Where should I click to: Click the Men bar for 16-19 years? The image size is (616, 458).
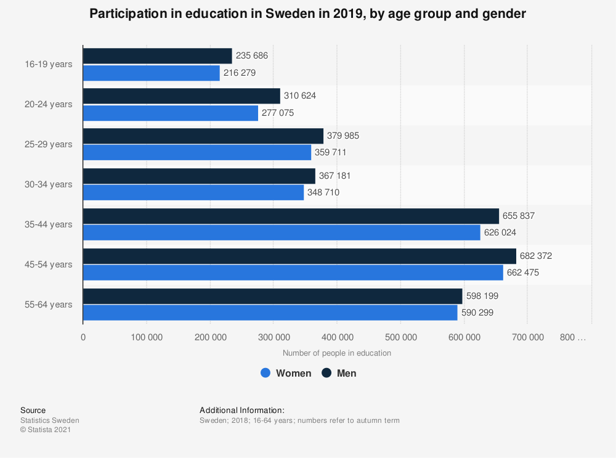coord(157,56)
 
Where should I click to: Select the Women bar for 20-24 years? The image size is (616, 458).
coord(171,113)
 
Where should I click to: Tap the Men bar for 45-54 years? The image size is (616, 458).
coord(299,256)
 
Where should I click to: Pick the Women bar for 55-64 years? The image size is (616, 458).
coord(270,313)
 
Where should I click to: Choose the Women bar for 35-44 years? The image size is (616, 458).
coord(282,232)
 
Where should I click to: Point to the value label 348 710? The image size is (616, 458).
coord(323,192)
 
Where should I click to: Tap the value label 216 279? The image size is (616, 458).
coord(240,73)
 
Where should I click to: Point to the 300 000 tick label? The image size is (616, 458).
coord(274,337)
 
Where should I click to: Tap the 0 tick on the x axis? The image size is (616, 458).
coord(83,337)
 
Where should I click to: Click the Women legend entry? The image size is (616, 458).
coord(286,373)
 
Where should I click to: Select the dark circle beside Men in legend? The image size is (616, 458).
coord(326,373)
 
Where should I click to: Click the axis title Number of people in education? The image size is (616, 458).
coord(337,353)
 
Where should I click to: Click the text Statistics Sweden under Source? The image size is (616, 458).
coord(50,420)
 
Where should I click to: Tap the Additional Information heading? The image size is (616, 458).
coord(242,410)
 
